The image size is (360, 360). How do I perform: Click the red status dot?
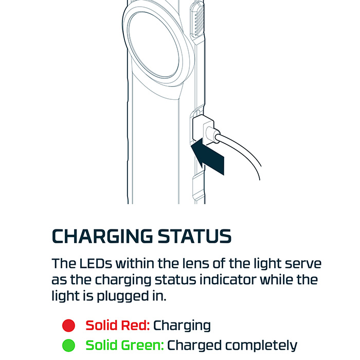click(68, 326)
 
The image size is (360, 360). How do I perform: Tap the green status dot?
click(68, 345)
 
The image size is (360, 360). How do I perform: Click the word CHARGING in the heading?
click(102, 236)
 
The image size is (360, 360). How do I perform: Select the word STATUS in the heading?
click(195, 236)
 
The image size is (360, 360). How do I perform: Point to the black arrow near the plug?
click(208, 156)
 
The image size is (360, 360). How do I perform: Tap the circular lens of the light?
click(153, 48)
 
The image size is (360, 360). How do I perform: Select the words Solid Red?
click(118, 326)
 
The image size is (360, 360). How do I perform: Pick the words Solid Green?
click(124, 345)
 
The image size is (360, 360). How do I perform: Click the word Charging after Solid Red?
click(182, 326)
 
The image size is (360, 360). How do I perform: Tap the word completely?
click(261, 346)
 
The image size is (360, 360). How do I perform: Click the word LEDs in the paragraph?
click(96, 263)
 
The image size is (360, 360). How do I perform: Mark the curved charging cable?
click(243, 152)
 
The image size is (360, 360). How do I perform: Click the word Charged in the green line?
click(194, 346)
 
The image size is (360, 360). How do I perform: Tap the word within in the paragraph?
click(135, 263)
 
